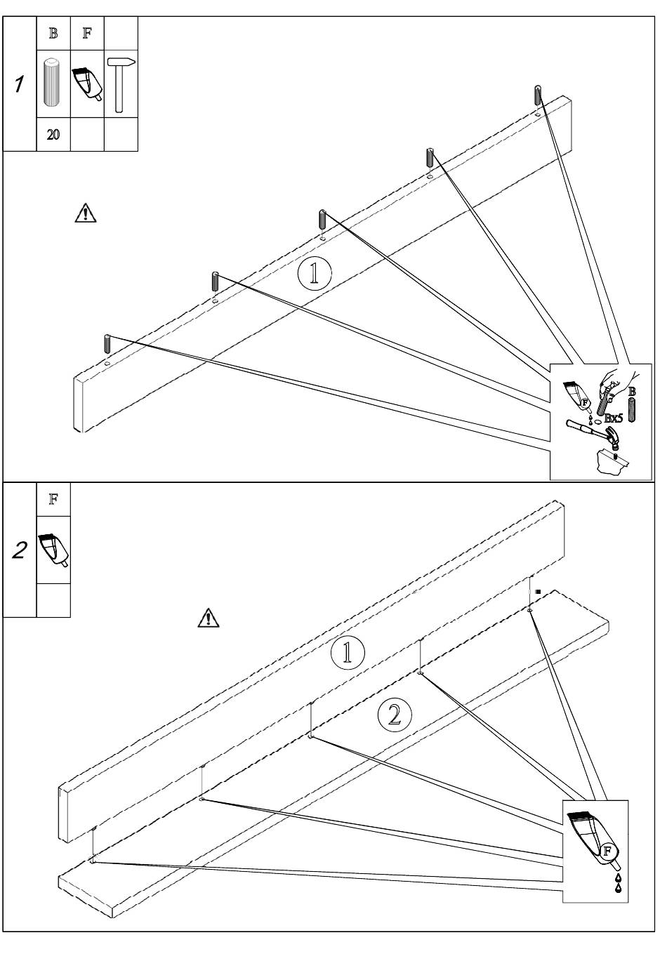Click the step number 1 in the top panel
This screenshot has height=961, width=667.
(19, 84)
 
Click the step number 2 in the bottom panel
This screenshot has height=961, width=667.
(20, 550)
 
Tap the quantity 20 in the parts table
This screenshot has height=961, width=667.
(53, 135)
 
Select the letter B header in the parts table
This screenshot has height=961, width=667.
(53, 34)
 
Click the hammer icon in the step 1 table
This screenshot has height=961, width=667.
(121, 85)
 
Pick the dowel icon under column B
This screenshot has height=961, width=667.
(51, 84)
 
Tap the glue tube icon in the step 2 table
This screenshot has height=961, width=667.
(53, 550)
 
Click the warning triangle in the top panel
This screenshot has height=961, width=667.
(86, 213)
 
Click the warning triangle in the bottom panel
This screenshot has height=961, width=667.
(208, 617)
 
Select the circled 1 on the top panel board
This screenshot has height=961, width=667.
(315, 273)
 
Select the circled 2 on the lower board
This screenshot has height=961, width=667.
(395, 715)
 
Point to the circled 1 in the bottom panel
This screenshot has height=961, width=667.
(348, 652)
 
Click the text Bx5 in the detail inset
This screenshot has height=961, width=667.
(613, 418)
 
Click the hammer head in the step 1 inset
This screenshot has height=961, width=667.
(613, 438)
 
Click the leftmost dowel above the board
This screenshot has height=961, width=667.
(107, 345)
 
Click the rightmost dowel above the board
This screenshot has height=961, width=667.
(538, 95)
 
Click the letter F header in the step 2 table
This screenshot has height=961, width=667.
(53, 499)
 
